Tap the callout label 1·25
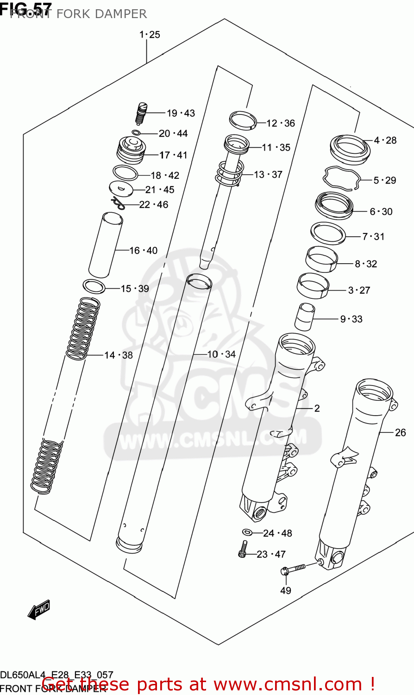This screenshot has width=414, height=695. (x=150, y=34)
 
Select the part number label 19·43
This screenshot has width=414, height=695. (x=181, y=113)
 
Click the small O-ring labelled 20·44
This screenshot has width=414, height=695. (x=136, y=133)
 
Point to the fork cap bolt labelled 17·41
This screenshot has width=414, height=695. (x=131, y=149)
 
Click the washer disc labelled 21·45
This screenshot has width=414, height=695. (x=121, y=189)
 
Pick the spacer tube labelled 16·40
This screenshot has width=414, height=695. (x=106, y=244)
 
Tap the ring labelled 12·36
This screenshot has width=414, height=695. (x=243, y=120)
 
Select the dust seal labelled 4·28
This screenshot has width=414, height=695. (x=350, y=148)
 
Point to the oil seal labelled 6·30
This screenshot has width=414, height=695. (x=334, y=206)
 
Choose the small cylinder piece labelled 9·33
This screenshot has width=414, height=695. (x=304, y=316)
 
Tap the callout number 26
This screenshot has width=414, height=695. (x=400, y=432)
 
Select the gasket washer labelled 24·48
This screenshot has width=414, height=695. (x=247, y=532)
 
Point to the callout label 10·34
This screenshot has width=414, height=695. (x=221, y=354)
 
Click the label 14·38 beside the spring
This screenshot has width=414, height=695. (x=118, y=355)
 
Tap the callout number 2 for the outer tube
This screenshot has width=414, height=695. (x=317, y=408)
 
